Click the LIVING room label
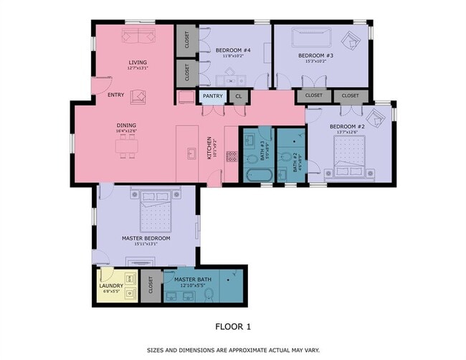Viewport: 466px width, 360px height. click(x=138, y=63)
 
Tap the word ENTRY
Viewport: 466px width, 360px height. click(x=115, y=95)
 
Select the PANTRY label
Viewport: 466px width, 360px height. click(x=212, y=95)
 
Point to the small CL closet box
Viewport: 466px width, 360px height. click(x=238, y=95)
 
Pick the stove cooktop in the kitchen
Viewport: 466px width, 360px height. click(x=232, y=156)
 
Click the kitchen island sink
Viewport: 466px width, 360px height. click(x=191, y=153)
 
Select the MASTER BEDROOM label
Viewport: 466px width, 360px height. click(x=146, y=238)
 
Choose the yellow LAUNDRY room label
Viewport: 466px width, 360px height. click(x=111, y=286)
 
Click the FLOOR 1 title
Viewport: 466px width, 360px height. click(x=233, y=326)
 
